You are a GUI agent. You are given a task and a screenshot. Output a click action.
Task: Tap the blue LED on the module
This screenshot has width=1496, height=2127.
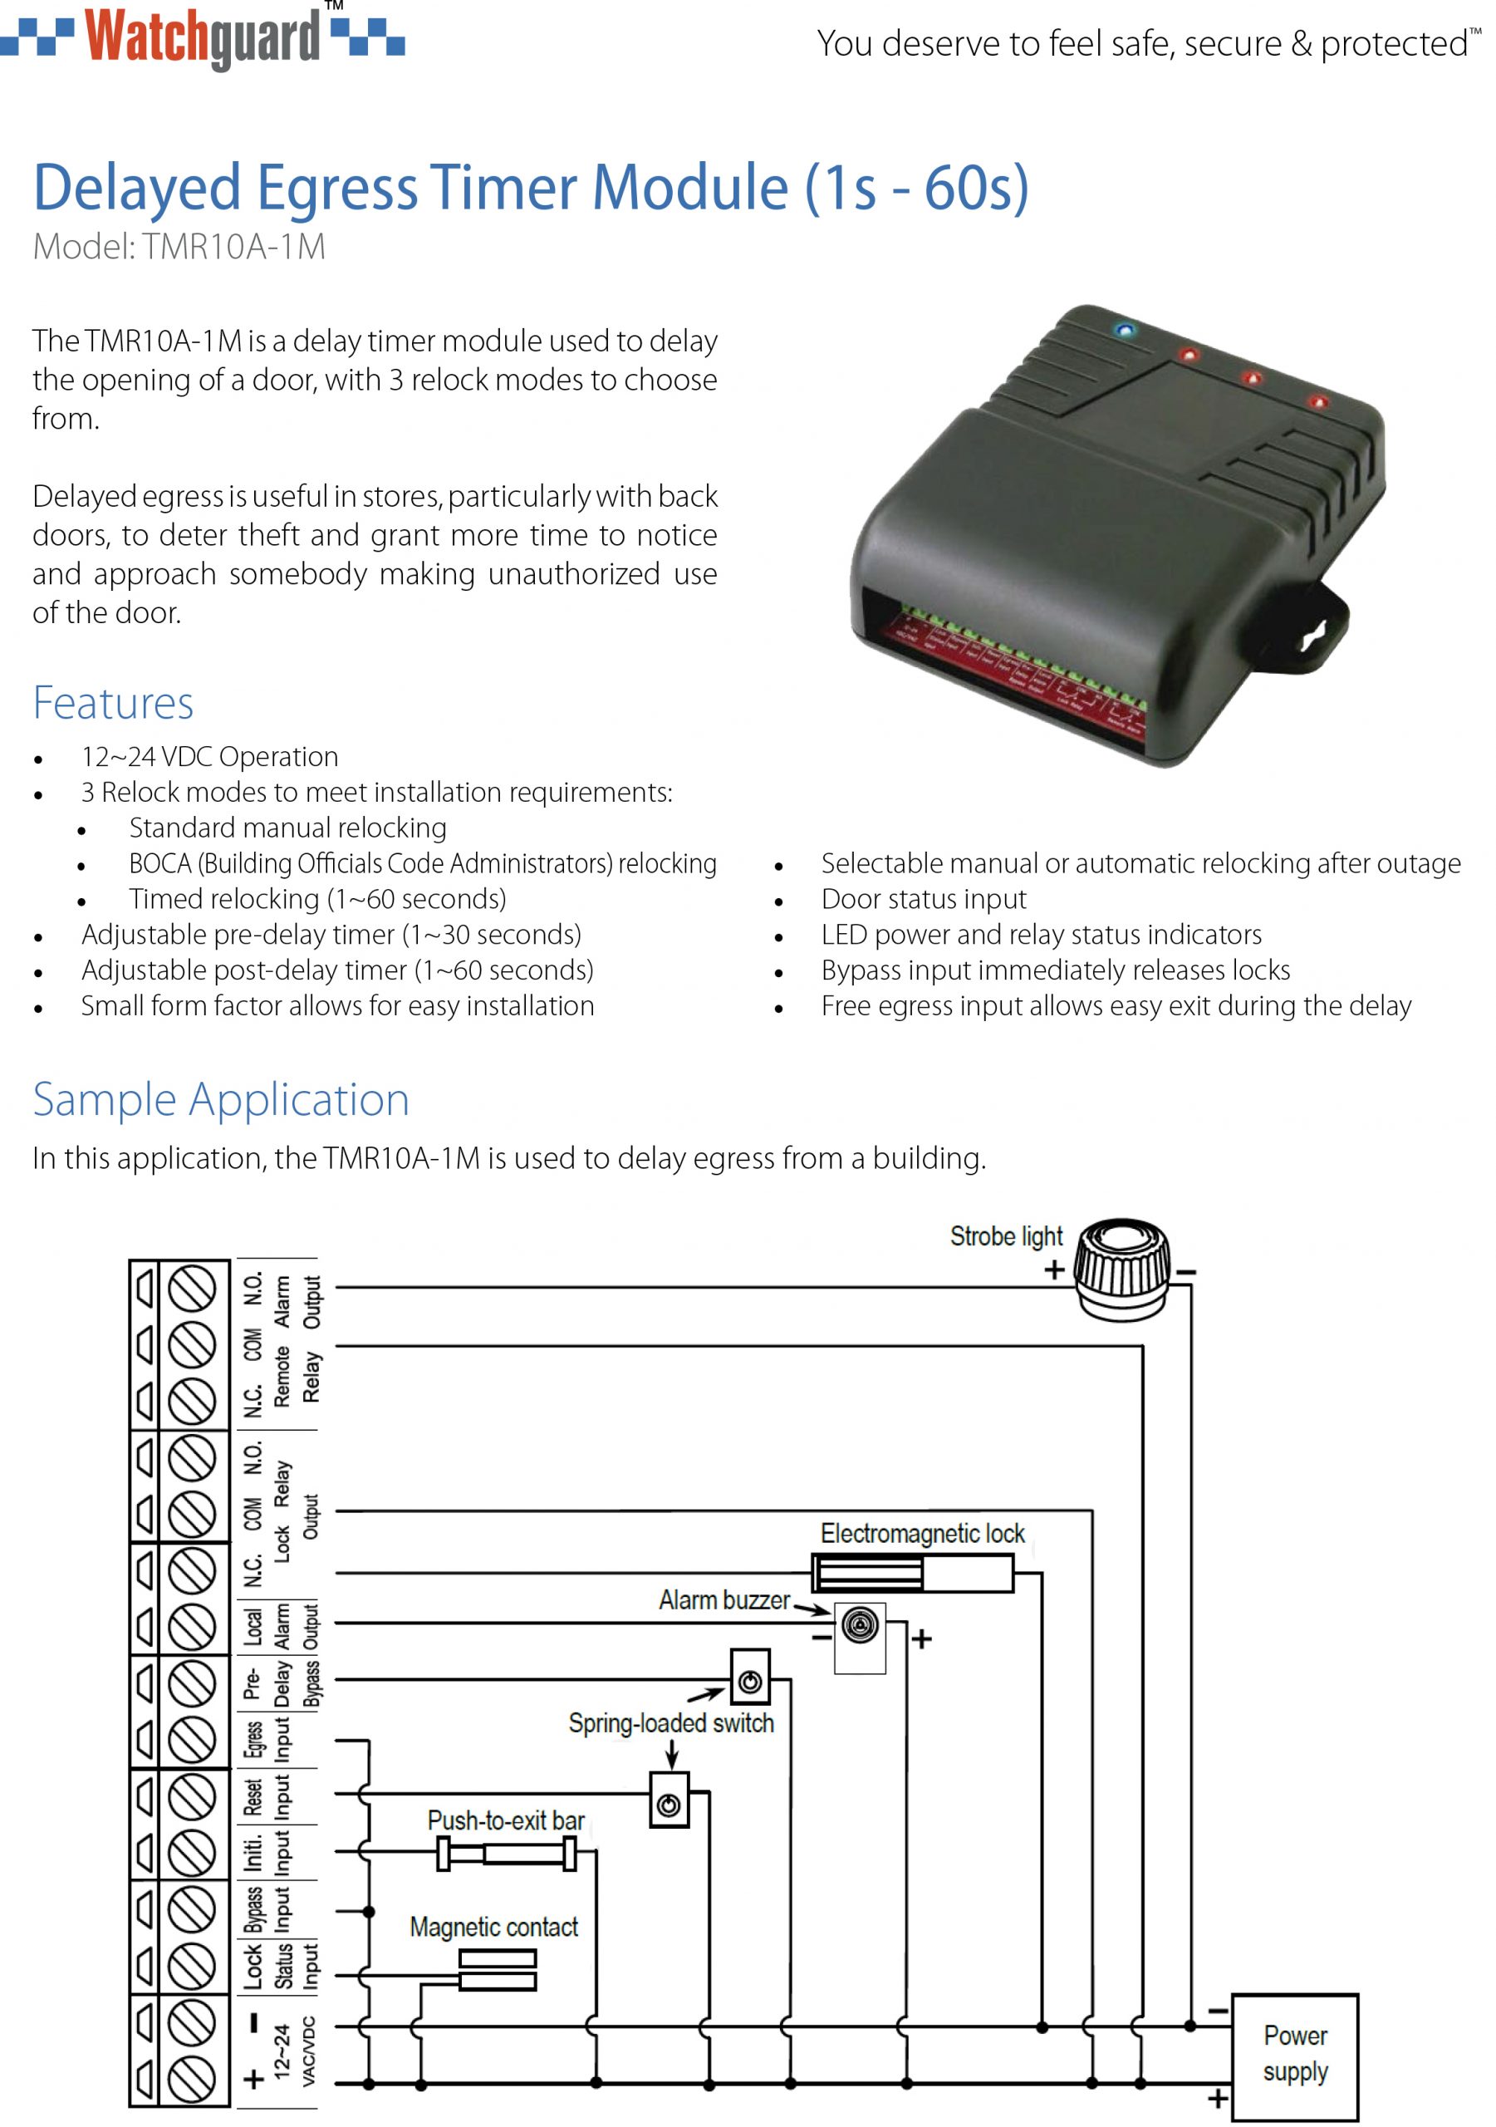tap(1125, 330)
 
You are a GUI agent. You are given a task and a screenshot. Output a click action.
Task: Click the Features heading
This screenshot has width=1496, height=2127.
tap(113, 703)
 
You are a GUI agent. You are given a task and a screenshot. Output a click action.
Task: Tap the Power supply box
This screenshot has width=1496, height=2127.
tap(1294, 2054)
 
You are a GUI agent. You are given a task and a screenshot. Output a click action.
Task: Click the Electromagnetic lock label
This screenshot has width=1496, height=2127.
tap(922, 1534)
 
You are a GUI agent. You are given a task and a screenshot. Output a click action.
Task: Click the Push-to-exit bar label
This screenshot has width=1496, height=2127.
tap(506, 1820)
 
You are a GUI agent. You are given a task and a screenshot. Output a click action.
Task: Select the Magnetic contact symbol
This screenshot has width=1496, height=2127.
tap(498, 1971)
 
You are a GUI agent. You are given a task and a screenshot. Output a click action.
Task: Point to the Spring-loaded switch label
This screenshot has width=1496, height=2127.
tap(670, 1723)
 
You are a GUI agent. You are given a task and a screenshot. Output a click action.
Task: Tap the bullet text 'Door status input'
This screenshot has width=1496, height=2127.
tap(923, 899)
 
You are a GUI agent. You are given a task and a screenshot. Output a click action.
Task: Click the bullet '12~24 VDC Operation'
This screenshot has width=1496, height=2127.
tap(209, 757)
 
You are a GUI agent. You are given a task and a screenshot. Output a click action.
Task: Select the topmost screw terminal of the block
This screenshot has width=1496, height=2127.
tap(192, 1289)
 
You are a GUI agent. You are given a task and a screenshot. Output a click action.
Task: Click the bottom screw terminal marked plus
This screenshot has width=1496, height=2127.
tap(192, 2080)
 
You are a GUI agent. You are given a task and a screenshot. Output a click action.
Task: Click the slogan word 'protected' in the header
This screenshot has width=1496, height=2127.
tap(1394, 43)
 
